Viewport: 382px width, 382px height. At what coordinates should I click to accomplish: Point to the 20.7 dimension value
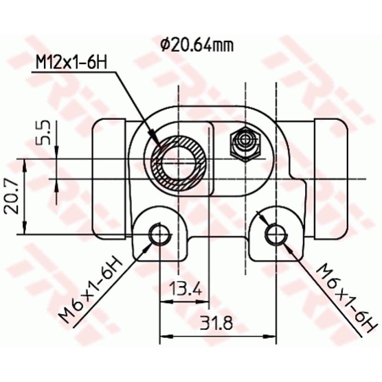point(11,196)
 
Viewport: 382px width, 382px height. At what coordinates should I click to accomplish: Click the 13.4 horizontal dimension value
point(183,289)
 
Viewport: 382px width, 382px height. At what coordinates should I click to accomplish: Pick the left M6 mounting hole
point(159,234)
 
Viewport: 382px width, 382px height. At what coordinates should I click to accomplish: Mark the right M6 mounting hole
point(276,234)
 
